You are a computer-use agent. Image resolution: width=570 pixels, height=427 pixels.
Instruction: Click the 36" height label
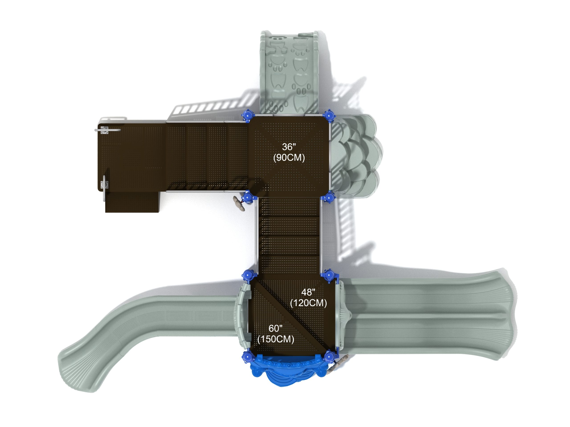[289, 147]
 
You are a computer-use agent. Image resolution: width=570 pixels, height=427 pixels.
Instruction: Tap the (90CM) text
[289, 157]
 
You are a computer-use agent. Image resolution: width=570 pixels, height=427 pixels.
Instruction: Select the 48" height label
[308, 292]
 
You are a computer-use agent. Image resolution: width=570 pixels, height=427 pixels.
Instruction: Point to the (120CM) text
[308, 303]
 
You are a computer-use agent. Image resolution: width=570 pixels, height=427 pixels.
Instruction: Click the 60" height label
[275, 328]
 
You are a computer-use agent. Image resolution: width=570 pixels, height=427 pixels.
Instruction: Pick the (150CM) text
[276, 339]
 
